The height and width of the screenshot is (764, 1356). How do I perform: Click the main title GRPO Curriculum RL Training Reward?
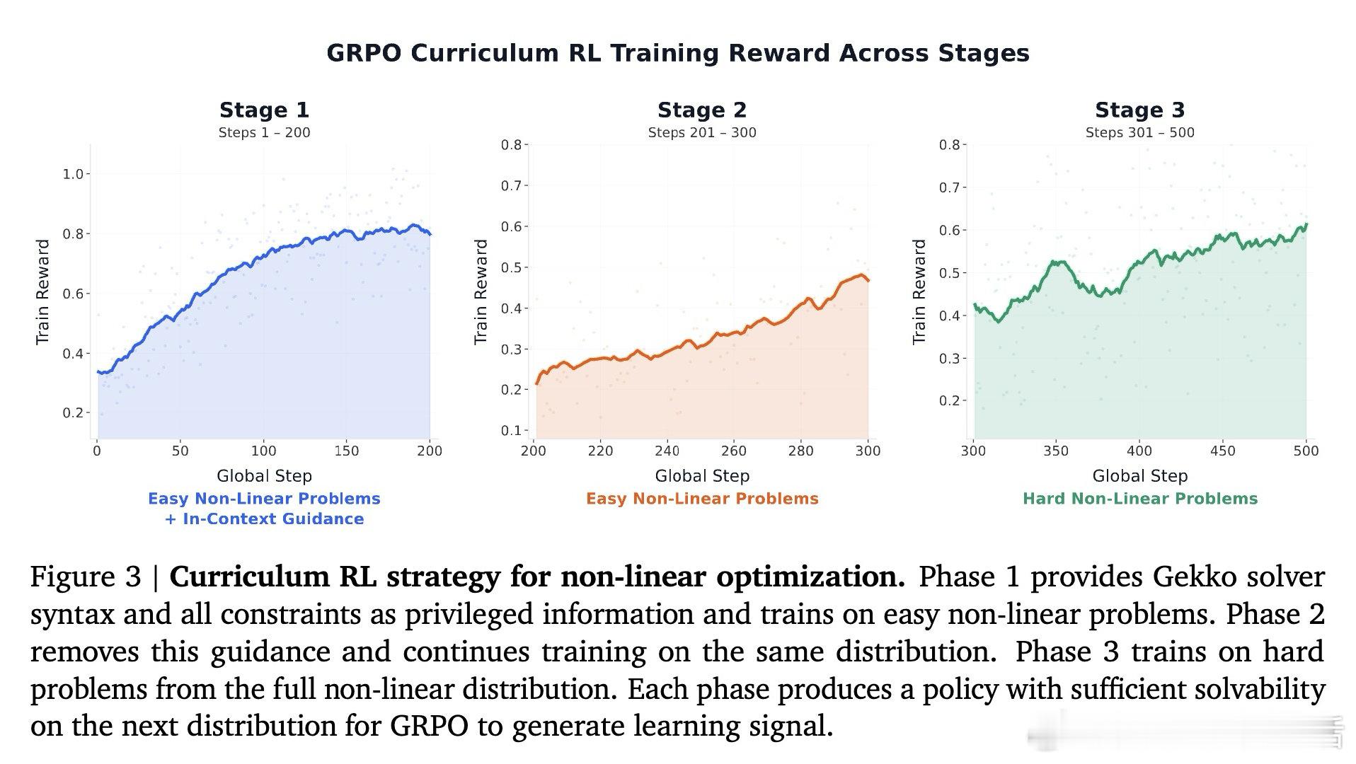coord(677,54)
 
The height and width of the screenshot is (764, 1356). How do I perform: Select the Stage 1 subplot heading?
coord(264,110)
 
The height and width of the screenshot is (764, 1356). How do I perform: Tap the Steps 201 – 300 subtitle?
coord(701,133)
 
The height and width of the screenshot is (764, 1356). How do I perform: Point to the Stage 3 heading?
coord(1139,110)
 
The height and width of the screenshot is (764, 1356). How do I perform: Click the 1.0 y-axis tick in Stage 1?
coord(73,174)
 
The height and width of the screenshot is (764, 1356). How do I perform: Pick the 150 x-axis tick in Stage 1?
coord(347,451)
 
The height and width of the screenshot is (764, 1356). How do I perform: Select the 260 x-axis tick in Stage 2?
coord(733,451)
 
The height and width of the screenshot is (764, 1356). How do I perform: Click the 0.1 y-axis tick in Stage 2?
coord(510,430)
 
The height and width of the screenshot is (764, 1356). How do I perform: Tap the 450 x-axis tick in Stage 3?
coord(1222,451)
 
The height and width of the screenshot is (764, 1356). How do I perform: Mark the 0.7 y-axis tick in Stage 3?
coord(949,188)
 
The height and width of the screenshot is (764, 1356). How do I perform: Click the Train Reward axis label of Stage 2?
coord(481,291)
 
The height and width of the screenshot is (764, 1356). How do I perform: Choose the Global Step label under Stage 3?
coord(1139,476)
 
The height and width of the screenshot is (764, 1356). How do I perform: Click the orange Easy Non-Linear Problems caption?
coord(701,499)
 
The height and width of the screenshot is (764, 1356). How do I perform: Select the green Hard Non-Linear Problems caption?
coord(1139,499)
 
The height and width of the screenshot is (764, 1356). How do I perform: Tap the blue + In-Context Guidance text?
coord(264,519)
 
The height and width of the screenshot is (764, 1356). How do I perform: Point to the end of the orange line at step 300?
coord(868,281)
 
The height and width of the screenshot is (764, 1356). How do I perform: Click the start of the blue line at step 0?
coord(98,371)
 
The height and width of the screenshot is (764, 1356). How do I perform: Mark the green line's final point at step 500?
coord(1306,224)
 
